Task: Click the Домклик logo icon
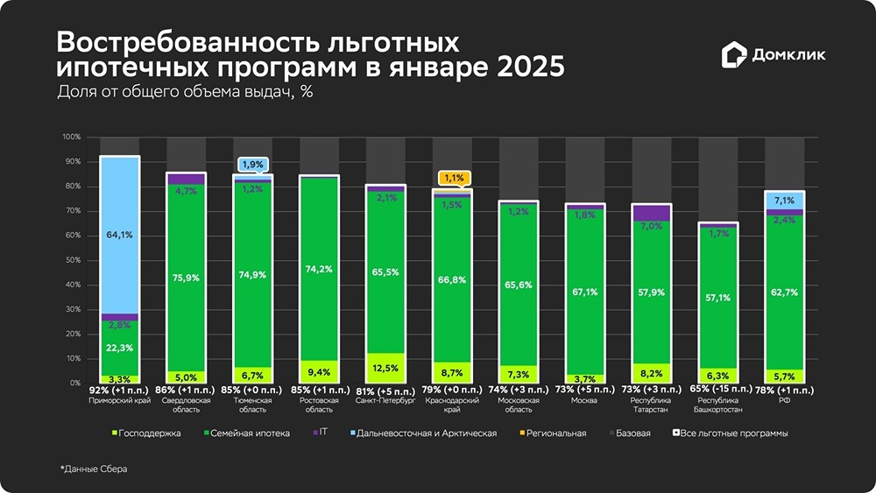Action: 734,55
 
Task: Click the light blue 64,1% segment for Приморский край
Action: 120,234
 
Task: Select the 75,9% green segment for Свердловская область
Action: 186,278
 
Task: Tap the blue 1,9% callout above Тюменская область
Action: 251,165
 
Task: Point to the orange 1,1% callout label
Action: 452,178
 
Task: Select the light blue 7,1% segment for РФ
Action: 784,201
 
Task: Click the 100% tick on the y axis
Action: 71,137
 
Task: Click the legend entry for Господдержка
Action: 145,433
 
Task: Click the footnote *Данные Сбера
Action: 94,469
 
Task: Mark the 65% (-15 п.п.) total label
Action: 719,389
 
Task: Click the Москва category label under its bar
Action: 583,400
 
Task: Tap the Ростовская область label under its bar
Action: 319,404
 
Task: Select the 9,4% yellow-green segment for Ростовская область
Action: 319,372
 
